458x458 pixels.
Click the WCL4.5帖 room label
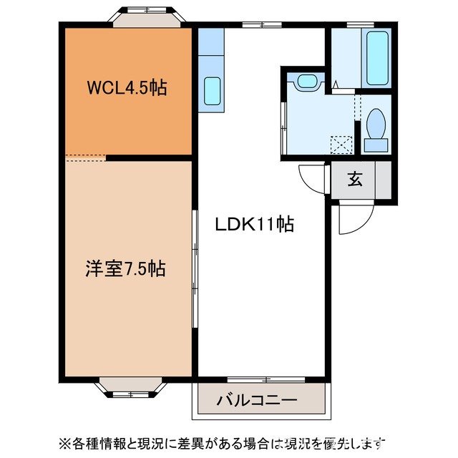(x=127, y=89)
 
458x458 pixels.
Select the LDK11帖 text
(x=255, y=224)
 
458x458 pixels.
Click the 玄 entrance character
(x=355, y=179)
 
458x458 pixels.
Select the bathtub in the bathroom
(x=376, y=57)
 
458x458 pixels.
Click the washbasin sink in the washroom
(x=306, y=81)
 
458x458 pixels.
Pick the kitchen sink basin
(x=212, y=91)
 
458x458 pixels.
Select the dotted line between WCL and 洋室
(x=85, y=157)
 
